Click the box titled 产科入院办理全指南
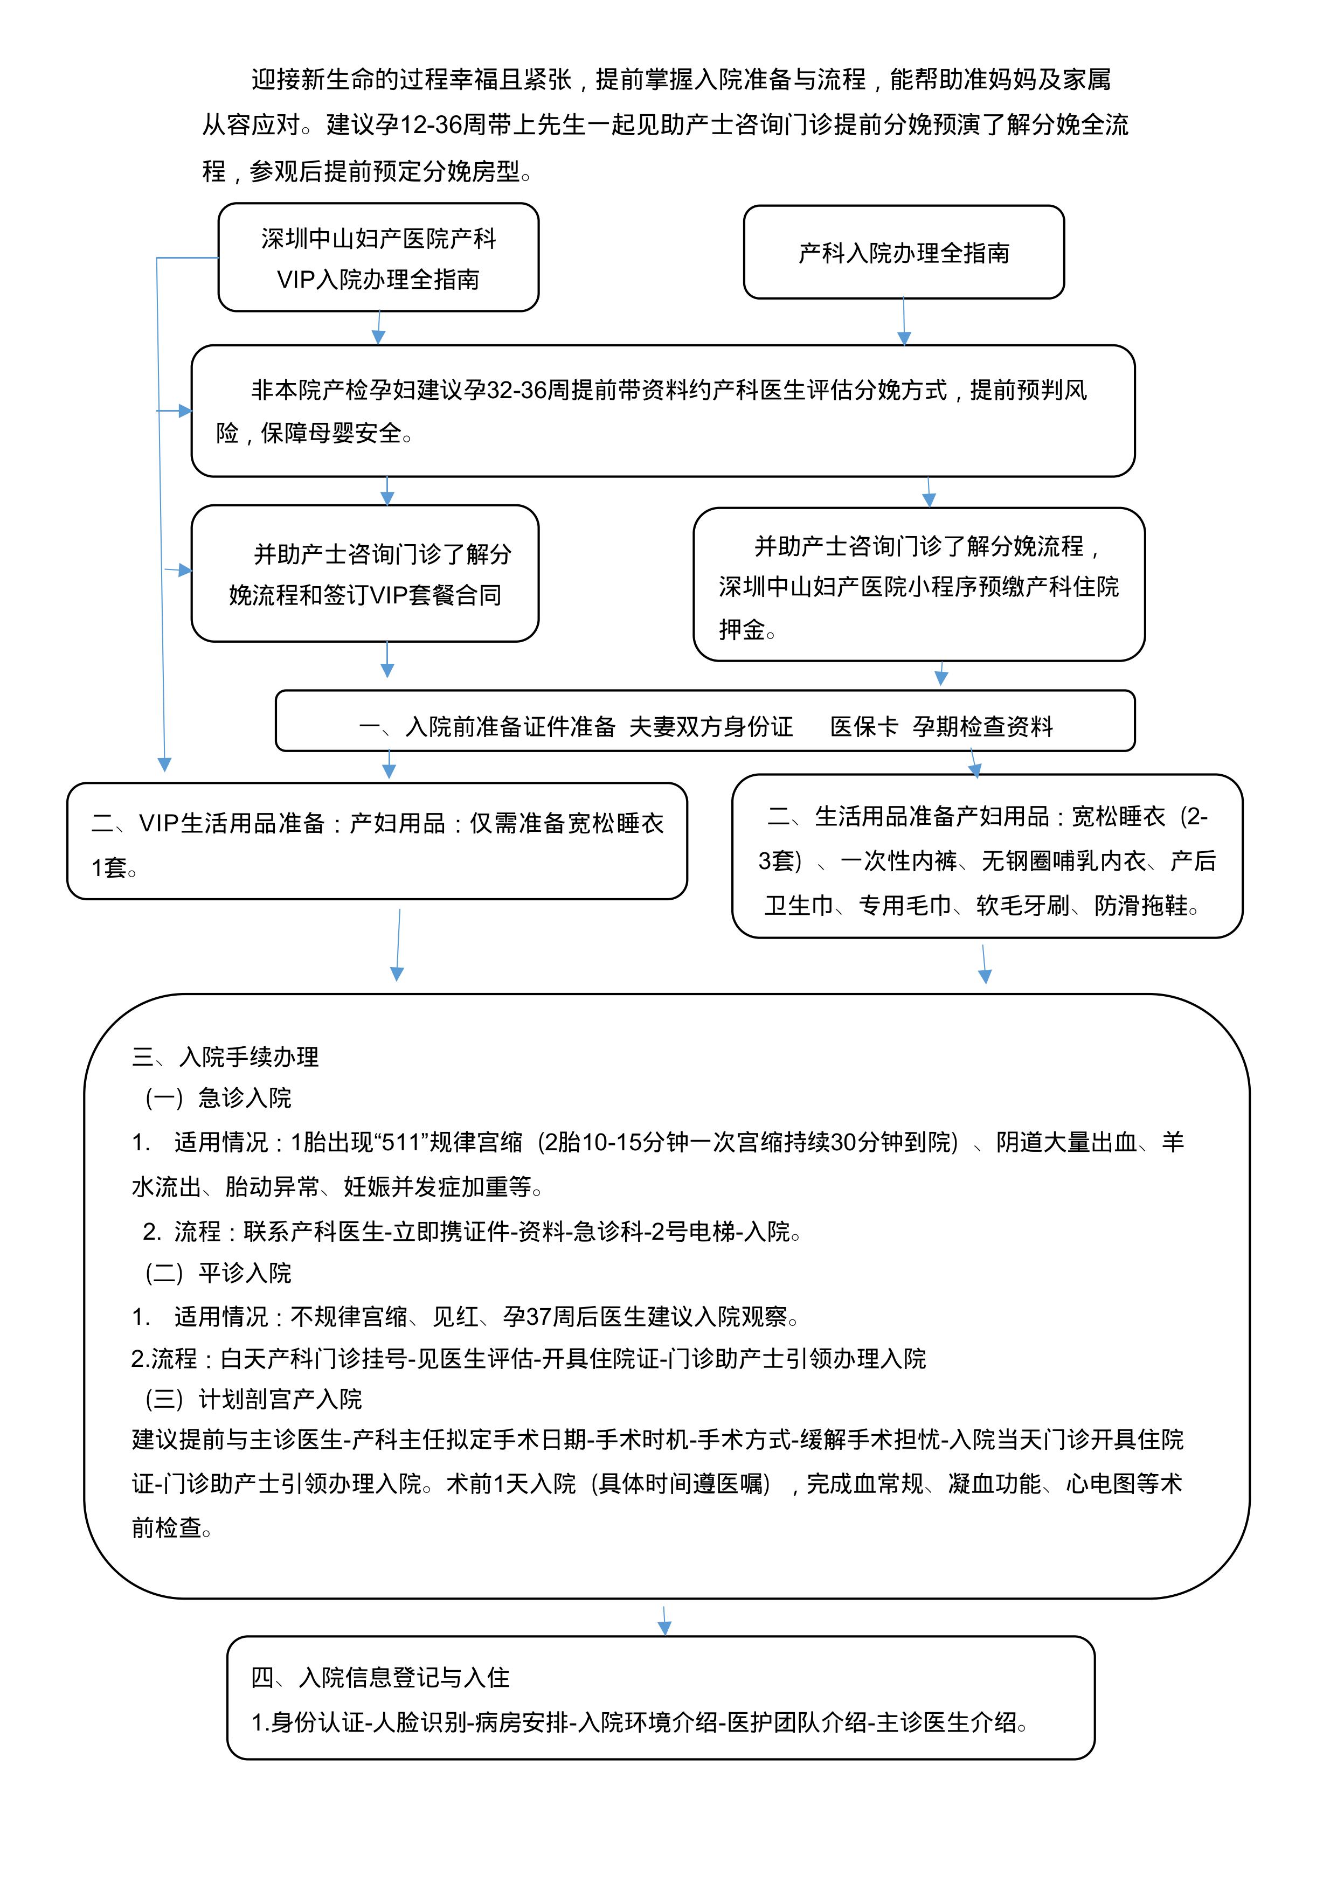903,253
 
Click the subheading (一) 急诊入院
219,1097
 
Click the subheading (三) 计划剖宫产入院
254,1399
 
